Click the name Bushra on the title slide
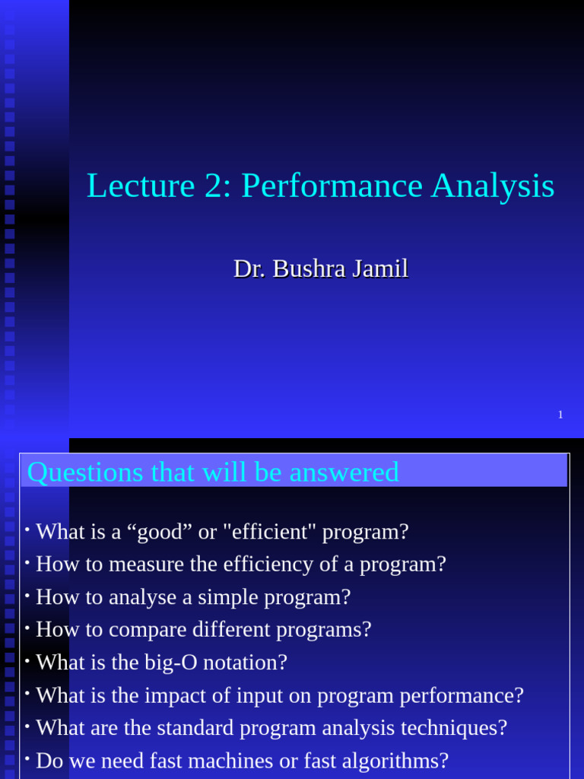pos(309,269)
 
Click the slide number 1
pos(560,415)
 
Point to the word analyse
pos(143,597)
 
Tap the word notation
pos(246,663)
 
